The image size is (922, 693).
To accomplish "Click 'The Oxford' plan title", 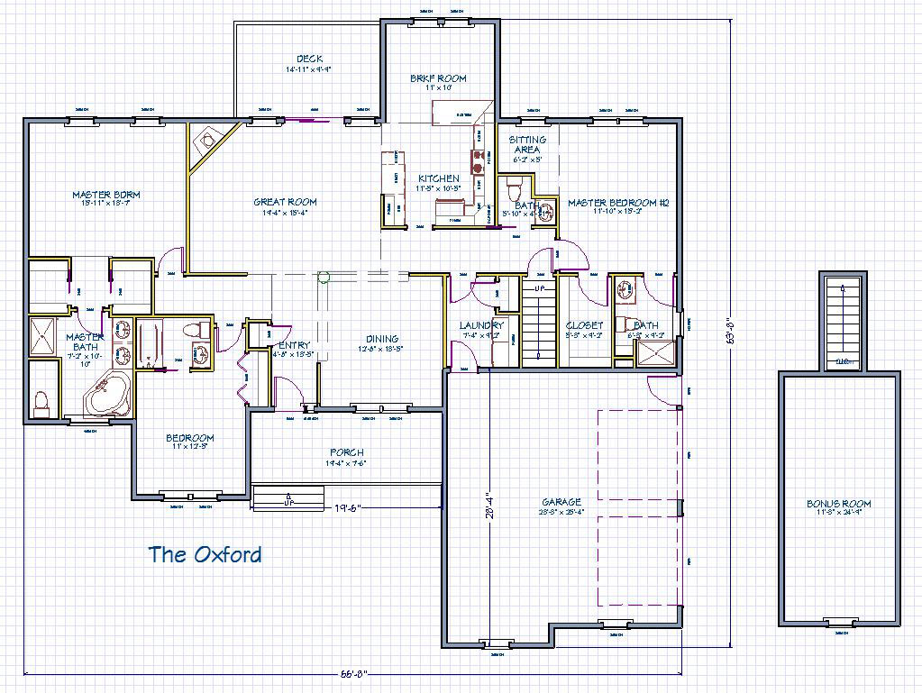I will coord(205,554).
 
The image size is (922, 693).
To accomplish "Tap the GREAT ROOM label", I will coord(285,203).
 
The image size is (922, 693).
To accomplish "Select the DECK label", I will coord(309,59).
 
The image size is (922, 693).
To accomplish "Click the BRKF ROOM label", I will coord(438,78).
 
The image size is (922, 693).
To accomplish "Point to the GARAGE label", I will coord(561,502).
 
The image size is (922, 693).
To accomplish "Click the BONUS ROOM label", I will coord(839,505).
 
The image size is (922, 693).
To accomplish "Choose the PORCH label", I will coord(347,453).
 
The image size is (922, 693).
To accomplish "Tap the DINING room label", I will coord(382,340).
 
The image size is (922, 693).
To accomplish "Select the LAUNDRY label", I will coord(480,325).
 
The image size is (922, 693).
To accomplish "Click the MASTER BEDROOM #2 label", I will coord(617,204).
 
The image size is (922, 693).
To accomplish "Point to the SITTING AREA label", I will coord(527,144).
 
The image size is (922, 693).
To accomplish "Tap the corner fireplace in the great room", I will coord(208,142).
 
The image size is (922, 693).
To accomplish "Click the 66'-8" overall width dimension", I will coord(353,673).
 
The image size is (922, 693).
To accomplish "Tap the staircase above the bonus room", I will coord(843,320).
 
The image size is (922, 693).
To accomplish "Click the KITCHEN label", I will coord(438,178).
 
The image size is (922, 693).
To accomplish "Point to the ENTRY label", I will coord(294,345).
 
